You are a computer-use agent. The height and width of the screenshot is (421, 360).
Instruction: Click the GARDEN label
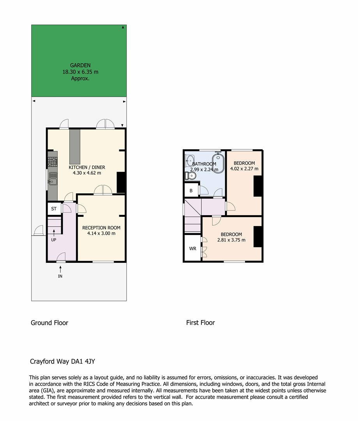coord(80,65)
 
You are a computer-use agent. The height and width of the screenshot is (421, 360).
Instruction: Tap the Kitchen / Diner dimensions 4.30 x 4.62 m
coord(87,173)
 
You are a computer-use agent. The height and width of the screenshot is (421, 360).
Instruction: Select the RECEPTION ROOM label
coord(101,228)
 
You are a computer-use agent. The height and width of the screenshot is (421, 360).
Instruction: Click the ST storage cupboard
coord(54,209)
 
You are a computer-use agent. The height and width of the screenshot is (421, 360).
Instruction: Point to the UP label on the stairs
coord(54,240)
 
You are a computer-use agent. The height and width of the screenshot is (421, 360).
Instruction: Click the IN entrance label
coord(60,276)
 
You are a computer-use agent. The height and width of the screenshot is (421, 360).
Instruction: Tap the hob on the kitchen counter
coord(53,162)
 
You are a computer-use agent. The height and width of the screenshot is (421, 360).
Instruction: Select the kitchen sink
coord(53,179)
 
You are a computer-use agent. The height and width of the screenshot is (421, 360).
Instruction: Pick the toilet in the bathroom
coord(191,176)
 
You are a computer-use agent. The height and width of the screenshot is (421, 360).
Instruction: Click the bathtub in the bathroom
coord(218,163)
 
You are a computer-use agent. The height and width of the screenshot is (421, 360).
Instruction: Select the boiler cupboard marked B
coord(191,190)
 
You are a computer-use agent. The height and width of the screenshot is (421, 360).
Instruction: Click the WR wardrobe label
coord(192,249)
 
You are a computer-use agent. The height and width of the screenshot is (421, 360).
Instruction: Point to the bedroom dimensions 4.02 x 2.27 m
coord(244,169)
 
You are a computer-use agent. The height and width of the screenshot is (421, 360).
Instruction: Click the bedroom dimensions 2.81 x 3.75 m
coord(231,240)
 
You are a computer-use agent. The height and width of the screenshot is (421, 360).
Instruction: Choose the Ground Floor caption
coord(49,323)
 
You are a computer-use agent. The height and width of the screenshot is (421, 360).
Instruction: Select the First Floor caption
coord(200,323)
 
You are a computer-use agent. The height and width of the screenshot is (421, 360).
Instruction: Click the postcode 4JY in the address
coord(90,361)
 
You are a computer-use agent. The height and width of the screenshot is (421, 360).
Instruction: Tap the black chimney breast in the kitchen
coord(121,182)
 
